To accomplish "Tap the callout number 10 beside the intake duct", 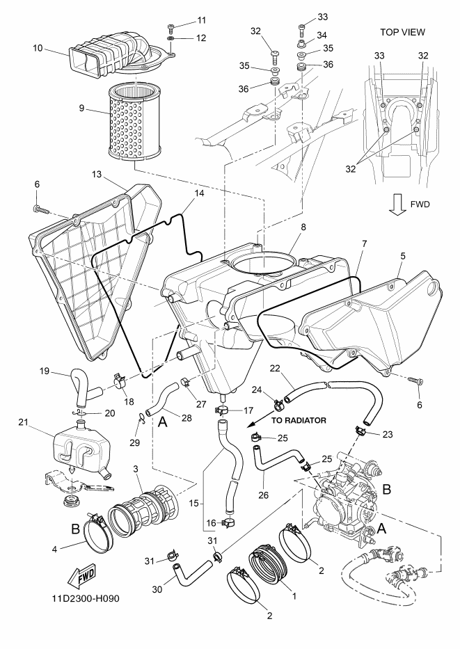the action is point(38,49).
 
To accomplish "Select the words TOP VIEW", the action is point(402,32).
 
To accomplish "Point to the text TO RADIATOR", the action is point(299,421).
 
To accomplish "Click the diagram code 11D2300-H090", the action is point(86,598).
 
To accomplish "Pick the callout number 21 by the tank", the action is point(23,422).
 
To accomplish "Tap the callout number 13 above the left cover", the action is point(97,175).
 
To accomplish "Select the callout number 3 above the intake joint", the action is point(136,469).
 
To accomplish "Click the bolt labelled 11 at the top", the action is point(170,28).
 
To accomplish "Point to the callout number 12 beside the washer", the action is point(201,38).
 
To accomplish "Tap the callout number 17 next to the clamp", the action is point(248,410).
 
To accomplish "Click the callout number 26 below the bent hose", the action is point(263,495).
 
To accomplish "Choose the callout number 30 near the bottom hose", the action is point(157,589).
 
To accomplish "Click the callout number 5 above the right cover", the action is point(402,256).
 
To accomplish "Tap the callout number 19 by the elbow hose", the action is point(45,371).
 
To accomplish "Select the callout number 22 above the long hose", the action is point(275,369).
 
